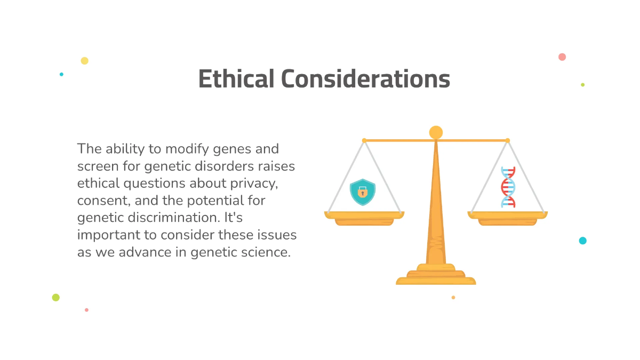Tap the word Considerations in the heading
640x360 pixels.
366,79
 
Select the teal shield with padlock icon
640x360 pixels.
363,192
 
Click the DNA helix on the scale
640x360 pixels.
508,187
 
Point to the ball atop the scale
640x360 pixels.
436,132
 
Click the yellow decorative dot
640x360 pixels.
84,61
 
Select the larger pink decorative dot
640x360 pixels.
562,57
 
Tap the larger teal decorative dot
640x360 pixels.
583,241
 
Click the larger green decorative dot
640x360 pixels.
55,298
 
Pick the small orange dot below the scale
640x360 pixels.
453,298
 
